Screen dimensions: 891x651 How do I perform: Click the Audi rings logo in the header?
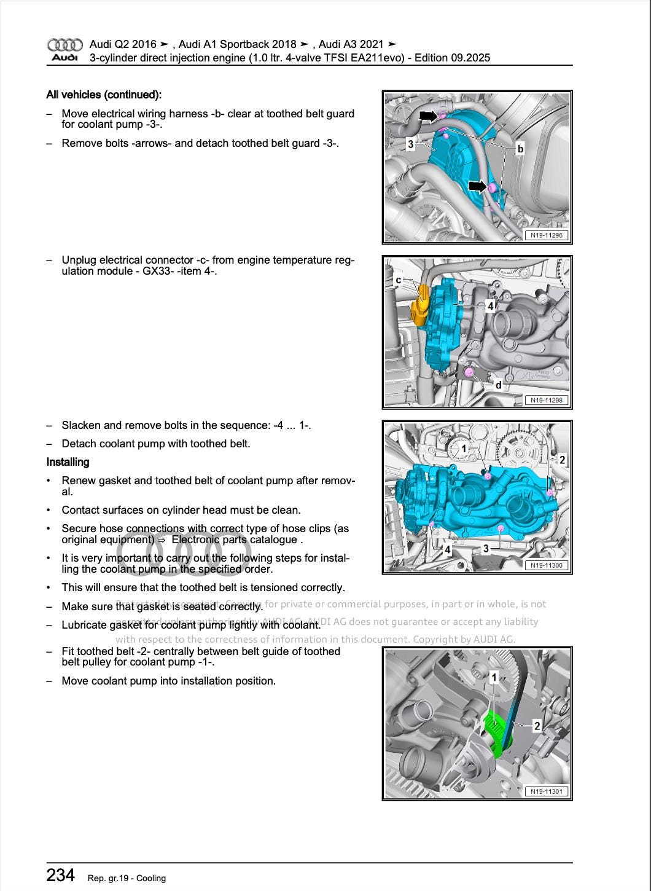[64, 45]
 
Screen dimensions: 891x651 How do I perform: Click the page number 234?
[61, 875]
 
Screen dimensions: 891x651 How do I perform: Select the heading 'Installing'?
[68, 462]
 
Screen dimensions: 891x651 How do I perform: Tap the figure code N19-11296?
[546, 235]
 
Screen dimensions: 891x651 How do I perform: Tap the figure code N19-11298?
[546, 400]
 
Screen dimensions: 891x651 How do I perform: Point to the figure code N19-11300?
[546, 565]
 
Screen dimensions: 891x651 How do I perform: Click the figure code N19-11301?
[546, 791]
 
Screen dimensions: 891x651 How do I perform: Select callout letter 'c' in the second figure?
[398, 280]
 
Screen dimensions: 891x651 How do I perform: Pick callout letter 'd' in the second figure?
[498, 385]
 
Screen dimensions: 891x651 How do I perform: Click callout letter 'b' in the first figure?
[520, 149]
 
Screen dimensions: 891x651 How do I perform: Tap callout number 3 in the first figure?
[410, 144]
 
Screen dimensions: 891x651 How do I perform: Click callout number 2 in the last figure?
[537, 726]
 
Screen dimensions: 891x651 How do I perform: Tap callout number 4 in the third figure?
[447, 549]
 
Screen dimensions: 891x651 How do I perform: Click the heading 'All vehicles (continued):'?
[104, 95]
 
